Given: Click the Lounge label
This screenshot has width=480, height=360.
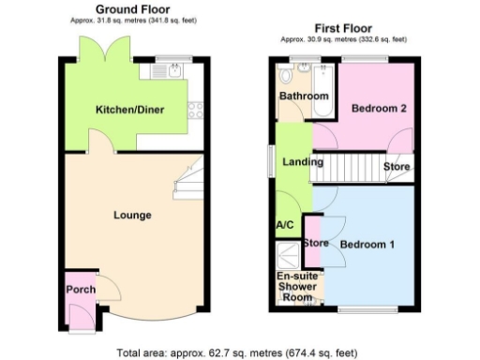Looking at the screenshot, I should pyautogui.click(x=132, y=216).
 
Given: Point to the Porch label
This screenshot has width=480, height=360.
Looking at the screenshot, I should pyautogui.click(x=80, y=290).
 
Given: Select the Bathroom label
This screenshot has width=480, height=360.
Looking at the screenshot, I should pyautogui.click(x=303, y=97).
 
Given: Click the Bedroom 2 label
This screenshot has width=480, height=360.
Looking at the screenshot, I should pyautogui.click(x=378, y=109).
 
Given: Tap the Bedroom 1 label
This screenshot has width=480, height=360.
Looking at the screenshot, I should pyautogui.click(x=367, y=245).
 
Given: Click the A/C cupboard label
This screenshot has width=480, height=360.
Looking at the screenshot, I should pyautogui.click(x=285, y=226).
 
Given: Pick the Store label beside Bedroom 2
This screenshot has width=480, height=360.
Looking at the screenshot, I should pyautogui.click(x=397, y=167).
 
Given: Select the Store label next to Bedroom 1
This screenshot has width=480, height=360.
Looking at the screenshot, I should pyautogui.click(x=316, y=245).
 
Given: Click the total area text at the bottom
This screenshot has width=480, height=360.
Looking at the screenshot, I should pyautogui.click(x=236, y=353).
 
